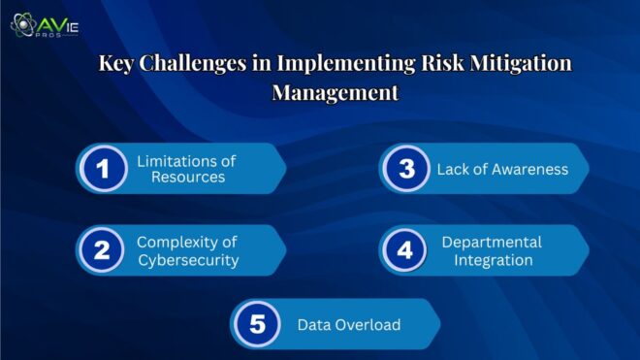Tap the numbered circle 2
pyautogui.click(x=102, y=250)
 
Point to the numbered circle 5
pyautogui.click(x=256, y=324)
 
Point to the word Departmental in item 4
pyautogui.click(x=492, y=242)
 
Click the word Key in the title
pyautogui.click(x=118, y=65)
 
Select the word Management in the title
pyautogui.click(x=335, y=94)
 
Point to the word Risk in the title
pyautogui.click(x=442, y=65)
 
